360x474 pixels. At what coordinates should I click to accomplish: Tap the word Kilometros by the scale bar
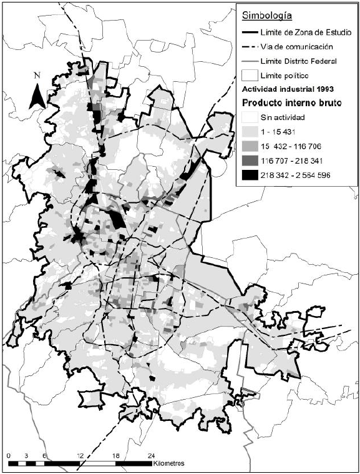pos(170,465)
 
